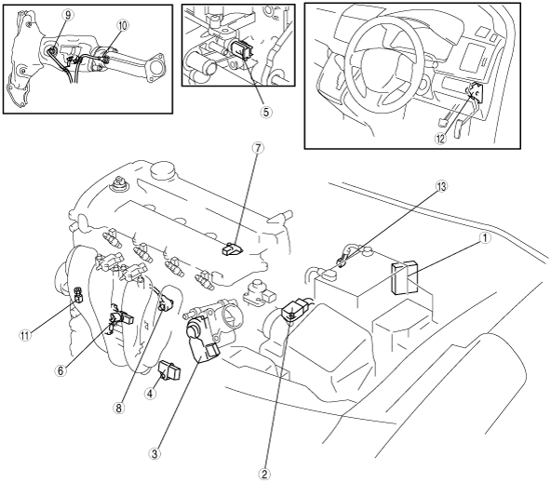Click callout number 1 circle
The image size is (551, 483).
coord(485,238)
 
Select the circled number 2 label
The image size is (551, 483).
coord(264,474)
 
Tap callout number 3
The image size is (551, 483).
coord(155,453)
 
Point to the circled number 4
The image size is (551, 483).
coord(150,394)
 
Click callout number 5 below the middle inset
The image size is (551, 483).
coord(266,112)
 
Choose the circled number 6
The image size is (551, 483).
coord(60,370)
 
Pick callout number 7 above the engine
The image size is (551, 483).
coord(258,148)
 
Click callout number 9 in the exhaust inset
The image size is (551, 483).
coord(68,14)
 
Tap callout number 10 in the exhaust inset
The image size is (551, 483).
coord(123,25)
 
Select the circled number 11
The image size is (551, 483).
coord(24,335)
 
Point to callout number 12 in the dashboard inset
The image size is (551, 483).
coord(440,139)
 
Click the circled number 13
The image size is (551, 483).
coord(441,186)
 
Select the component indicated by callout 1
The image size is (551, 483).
coord(405,276)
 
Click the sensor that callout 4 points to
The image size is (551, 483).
coord(170,369)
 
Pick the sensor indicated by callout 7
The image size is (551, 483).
coord(232,248)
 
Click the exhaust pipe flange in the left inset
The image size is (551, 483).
coord(155,68)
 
